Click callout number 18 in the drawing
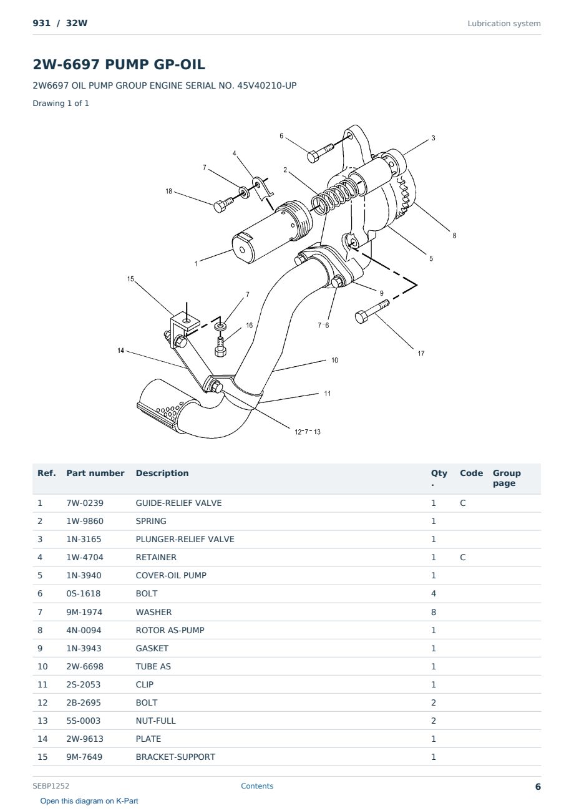[168, 191]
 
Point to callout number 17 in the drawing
[421, 353]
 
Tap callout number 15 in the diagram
[130, 279]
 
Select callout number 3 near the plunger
[433, 138]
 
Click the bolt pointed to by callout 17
[372, 311]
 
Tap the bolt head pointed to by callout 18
[219, 206]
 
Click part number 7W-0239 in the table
[85, 503]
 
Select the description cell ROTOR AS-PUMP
[170, 630]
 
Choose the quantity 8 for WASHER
[434, 612]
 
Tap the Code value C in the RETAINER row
[463, 557]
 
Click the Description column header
[162, 473]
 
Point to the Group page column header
[507, 478]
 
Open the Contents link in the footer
[257, 786]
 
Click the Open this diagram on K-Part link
[89, 801]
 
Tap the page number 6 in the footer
[538, 787]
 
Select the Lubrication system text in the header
[504, 24]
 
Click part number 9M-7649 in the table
[84, 757]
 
